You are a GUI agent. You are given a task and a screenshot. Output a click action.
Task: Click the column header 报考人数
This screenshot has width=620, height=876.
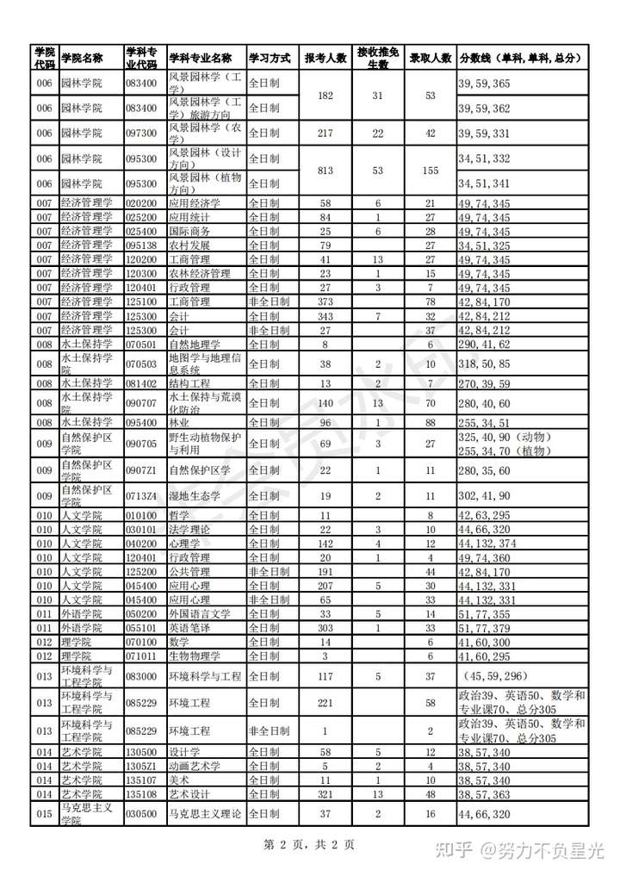[x=325, y=58]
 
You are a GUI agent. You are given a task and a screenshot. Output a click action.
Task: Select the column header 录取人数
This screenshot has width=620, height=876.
[x=431, y=58]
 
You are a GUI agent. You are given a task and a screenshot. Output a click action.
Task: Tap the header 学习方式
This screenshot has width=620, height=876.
[x=270, y=58]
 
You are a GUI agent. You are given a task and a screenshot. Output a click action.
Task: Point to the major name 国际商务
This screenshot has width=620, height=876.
[x=189, y=231]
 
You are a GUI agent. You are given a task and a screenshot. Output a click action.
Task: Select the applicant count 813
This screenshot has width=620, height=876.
[x=325, y=171]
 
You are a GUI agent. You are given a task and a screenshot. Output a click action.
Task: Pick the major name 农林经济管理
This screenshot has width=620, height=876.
[x=200, y=273]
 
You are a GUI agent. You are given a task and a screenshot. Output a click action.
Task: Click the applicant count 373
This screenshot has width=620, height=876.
[x=325, y=301]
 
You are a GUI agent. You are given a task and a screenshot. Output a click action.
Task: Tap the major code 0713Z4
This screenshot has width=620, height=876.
[x=141, y=496]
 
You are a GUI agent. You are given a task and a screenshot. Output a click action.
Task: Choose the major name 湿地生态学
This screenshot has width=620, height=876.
[x=195, y=496]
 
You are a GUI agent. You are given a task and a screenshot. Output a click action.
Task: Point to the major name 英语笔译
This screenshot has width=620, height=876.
[x=189, y=628]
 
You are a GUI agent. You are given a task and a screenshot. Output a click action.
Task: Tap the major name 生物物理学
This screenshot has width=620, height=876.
[x=195, y=656]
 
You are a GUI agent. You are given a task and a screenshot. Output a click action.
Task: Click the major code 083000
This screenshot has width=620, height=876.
[x=141, y=676]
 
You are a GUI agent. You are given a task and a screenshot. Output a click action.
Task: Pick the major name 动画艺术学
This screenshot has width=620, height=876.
[x=195, y=766]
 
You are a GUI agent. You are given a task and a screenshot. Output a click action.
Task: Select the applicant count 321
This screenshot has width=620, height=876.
[x=325, y=793]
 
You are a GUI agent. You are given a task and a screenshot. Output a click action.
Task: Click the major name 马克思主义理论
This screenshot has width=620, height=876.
[x=205, y=813]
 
